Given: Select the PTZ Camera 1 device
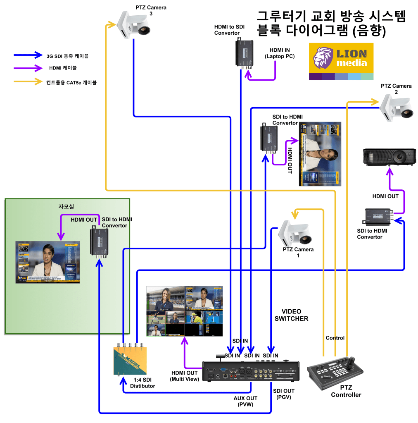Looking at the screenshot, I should click(295, 234).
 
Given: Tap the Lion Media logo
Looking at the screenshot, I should click(341, 61).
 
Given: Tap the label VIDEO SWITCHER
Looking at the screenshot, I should click(291, 315).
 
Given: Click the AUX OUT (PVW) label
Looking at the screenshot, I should click(245, 401).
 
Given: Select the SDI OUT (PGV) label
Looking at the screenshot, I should click(284, 394).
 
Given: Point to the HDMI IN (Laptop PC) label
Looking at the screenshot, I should click(280, 53).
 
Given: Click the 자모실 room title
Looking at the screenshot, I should click(66, 207).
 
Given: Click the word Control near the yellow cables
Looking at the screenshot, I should click(335, 338).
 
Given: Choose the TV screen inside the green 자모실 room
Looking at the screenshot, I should click(47, 262).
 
